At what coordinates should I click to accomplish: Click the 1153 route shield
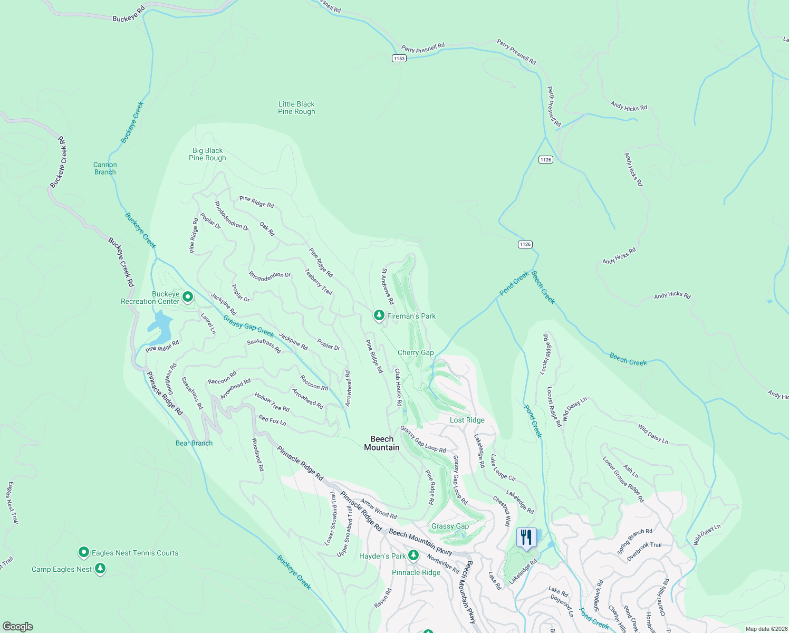[399, 58]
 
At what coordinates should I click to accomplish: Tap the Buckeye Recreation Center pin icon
[187, 298]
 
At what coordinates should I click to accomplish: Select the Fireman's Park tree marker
[379, 315]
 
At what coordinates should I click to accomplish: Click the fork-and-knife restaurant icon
[526, 538]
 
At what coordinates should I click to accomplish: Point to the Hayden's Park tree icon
[413, 555]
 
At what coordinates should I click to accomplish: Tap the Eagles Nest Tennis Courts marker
[84, 553]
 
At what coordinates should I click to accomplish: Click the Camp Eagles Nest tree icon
[100, 569]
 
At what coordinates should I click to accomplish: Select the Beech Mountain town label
[382, 443]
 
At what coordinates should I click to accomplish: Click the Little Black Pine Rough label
[296, 108]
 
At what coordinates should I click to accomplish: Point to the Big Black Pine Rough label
[207, 154]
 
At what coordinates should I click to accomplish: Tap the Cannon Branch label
[105, 168]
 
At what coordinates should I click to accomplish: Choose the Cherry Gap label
[416, 352]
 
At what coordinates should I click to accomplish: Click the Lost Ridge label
[467, 420]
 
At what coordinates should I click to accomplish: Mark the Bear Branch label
[194, 443]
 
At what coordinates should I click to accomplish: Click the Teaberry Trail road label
[319, 282]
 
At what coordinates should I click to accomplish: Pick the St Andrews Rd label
[388, 286]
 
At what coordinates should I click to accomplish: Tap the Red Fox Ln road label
[272, 420]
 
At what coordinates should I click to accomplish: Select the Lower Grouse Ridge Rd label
[623, 479]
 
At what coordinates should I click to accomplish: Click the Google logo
[17, 627]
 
